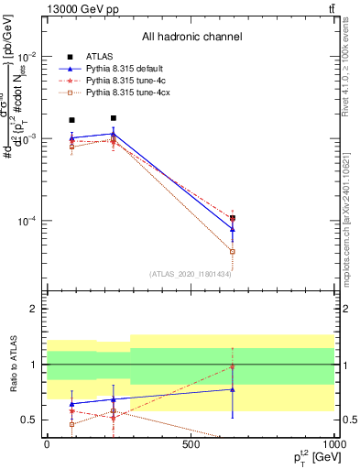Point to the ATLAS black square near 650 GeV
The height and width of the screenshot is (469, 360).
pos(233,218)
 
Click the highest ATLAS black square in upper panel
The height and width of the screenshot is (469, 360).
pos(113,118)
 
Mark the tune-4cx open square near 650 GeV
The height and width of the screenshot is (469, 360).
pos(233,251)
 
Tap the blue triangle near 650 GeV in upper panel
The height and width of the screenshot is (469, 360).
pos(233,229)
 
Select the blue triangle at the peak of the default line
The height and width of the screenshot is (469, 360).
pos(113,134)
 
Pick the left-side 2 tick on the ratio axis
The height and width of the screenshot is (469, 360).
pos(34,309)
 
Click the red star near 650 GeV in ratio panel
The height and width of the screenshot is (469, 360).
pos(233,367)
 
